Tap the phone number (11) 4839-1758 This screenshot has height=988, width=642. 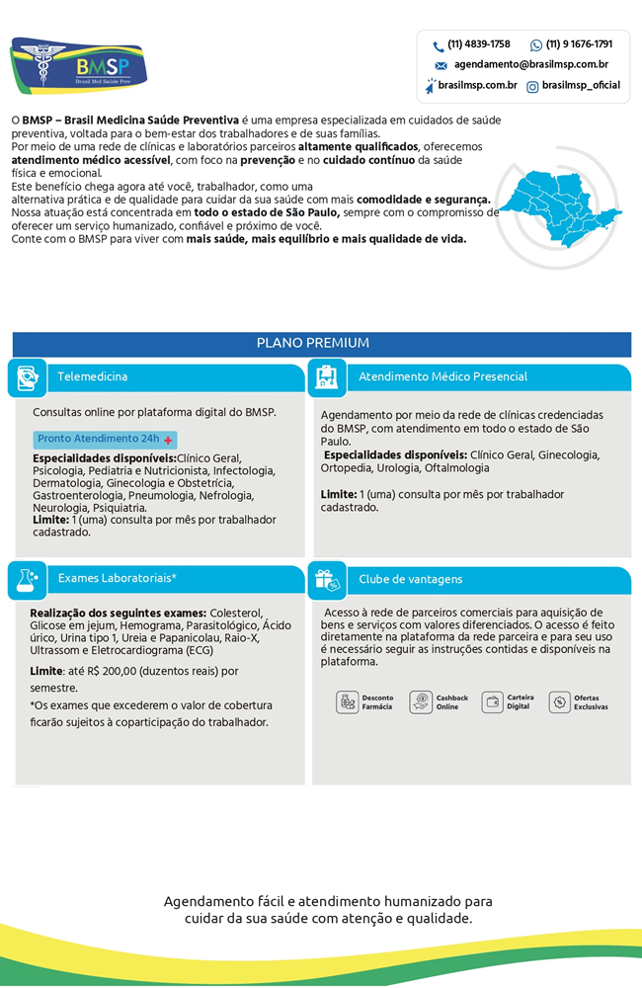click(x=478, y=44)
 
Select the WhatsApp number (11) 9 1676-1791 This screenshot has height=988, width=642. click(x=578, y=44)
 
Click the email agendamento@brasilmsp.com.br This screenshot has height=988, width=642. click(x=530, y=64)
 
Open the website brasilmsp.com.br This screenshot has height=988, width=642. click(x=478, y=86)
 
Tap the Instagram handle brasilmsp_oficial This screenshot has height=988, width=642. click(x=581, y=86)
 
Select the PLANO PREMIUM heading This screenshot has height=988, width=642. click(x=312, y=343)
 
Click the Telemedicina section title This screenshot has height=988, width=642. click(x=92, y=376)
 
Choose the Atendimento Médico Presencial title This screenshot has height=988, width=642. click(x=442, y=376)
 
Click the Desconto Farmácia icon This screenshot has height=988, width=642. click(x=348, y=702)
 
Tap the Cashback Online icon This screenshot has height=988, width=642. click(x=421, y=702)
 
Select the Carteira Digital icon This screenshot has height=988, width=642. click(x=493, y=702)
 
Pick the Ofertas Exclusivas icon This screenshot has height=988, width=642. click(x=560, y=702)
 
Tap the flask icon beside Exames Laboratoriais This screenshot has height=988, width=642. click(x=27, y=580)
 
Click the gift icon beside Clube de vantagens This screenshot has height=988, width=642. click(x=327, y=581)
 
